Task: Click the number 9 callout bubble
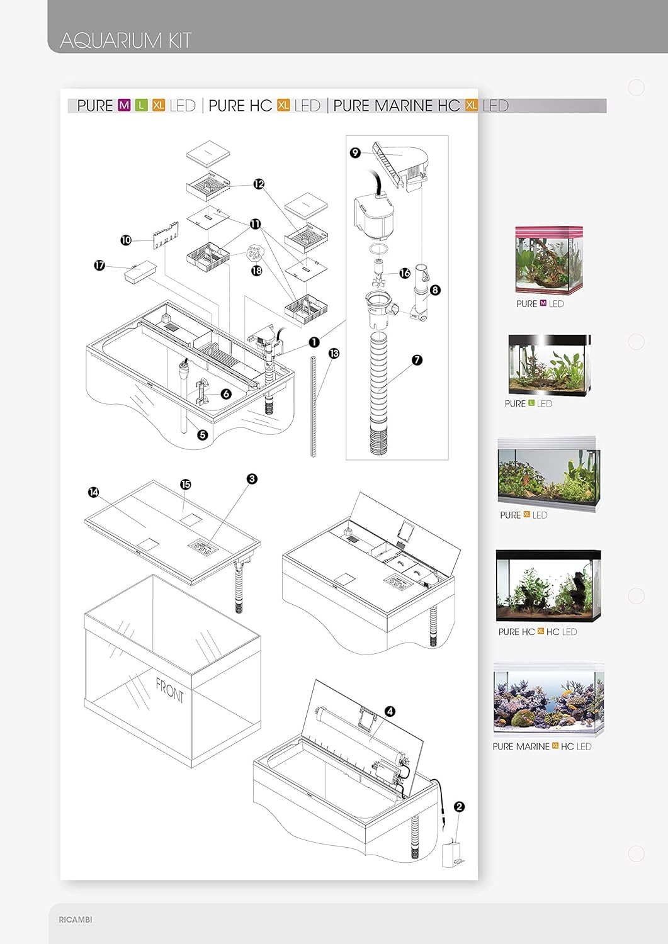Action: click(355, 152)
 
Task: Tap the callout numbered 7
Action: click(417, 360)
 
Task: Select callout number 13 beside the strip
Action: click(334, 353)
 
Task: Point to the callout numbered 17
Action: click(99, 266)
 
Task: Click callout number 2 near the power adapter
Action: click(459, 807)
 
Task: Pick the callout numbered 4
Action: click(390, 711)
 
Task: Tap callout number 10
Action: click(126, 240)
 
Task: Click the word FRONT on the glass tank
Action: click(170, 690)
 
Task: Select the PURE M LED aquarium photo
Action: click(549, 260)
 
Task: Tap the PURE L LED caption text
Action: click(528, 404)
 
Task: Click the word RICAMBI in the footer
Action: click(76, 919)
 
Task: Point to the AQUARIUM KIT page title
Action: click(126, 40)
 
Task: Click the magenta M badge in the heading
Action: click(125, 105)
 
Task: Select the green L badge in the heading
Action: click(141, 105)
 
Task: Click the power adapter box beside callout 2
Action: click(452, 855)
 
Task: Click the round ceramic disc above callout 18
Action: click(255, 253)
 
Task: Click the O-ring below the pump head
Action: click(379, 249)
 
